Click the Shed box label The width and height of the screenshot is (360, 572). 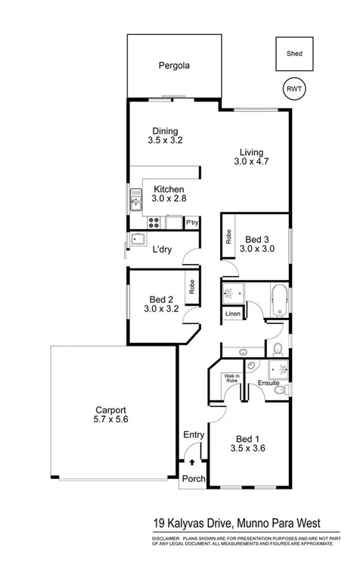pos(294,54)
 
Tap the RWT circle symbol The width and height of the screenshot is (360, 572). pos(293,89)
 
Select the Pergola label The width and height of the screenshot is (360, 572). pos(174,66)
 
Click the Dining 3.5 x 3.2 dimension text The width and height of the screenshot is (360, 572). pos(166,140)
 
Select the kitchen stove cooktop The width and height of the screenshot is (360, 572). pos(154,222)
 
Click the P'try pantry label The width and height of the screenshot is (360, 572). pos(192,222)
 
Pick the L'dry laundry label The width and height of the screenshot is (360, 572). pos(161,249)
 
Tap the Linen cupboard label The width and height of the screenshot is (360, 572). pos(232,313)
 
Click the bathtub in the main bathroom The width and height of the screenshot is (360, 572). pos(277,301)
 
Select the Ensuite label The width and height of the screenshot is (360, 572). pos(268,384)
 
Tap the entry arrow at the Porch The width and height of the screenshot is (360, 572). pos(193,461)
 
